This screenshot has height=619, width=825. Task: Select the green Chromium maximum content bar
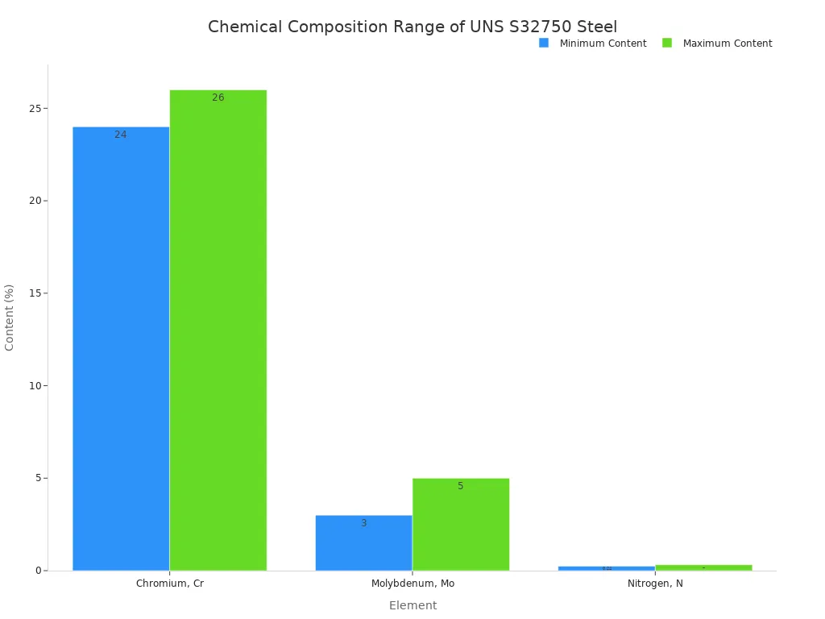click(218, 330)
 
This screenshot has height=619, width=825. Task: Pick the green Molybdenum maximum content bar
click(460, 524)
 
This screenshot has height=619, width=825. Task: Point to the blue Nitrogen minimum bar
click(606, 568)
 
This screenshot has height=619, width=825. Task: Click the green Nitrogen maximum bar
click(703, 567)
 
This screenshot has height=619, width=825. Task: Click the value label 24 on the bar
click(121, 135)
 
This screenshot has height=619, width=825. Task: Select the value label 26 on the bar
click(218, 98)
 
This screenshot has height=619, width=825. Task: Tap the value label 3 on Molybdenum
click(363, 523)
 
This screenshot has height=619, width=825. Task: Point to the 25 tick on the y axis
click(35, 109)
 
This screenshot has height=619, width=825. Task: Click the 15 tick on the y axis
click(35, 293)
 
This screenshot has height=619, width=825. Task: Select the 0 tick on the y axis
click(38, 571)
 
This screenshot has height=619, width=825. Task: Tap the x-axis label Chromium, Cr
click(170, 584)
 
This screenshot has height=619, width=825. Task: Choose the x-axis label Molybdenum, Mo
click(412, 584)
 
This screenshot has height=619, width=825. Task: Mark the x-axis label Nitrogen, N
click(655, 584)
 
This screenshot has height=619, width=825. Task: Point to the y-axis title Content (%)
click(10, 317)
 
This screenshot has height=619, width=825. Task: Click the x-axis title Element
click(412, 605)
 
